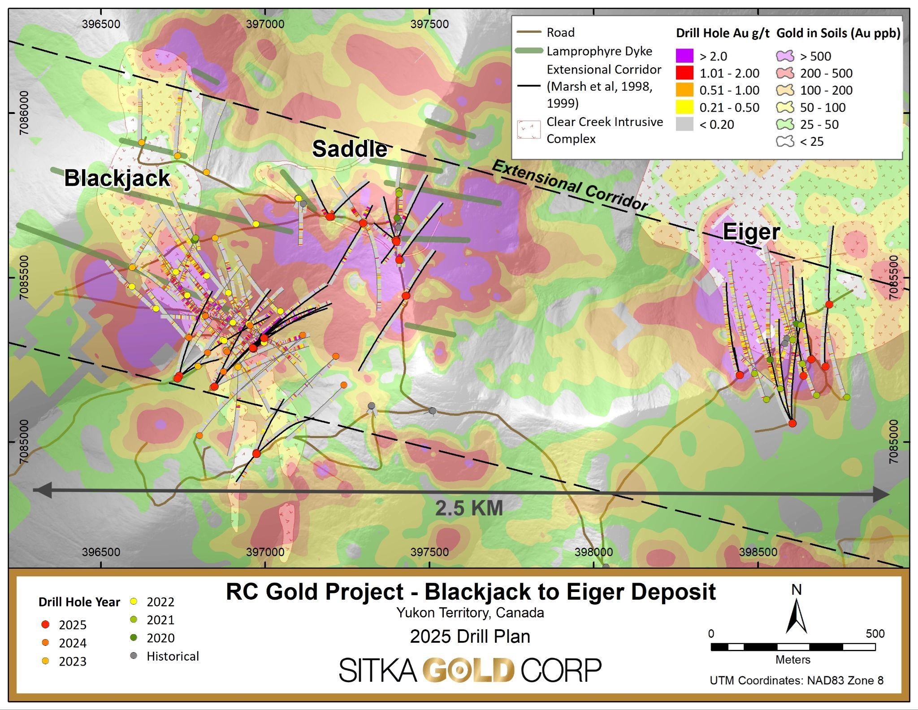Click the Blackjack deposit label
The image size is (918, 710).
117,178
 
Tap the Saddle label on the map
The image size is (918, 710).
350,148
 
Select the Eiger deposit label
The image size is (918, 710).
751,232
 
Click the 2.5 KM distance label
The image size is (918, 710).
469,508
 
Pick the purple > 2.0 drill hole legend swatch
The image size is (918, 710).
684,56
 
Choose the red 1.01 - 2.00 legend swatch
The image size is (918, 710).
684,73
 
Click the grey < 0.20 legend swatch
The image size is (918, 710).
684,124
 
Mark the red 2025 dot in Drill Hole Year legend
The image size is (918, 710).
45,625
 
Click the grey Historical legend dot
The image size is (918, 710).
133,656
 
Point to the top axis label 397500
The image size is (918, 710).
429,24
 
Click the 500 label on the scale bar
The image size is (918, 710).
875,634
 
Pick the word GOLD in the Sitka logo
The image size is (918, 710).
468,670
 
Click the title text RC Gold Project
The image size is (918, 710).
315,592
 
